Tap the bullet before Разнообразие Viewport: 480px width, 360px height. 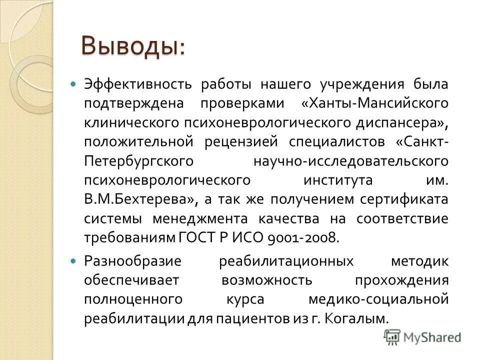pyautogui.click(x=74, y=261)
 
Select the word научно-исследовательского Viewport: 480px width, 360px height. pyautogui.click(x=349, y=160)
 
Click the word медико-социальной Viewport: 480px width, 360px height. pyautogui.click(x=377, y=299)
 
